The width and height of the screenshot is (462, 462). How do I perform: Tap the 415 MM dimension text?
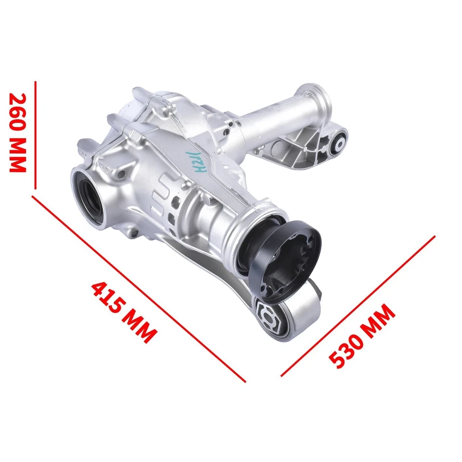[124, 311]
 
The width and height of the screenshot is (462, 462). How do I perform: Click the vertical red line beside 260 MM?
[35, 135]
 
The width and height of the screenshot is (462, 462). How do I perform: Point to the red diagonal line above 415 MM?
[140, 289]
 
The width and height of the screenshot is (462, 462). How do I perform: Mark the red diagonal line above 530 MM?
[358, 306]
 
